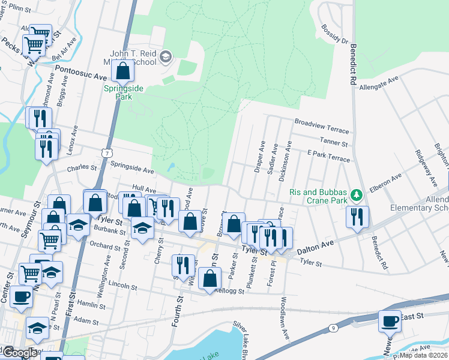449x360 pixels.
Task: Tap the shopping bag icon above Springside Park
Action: [x=123, y=70]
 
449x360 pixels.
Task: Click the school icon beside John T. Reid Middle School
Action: [x=166, y=58]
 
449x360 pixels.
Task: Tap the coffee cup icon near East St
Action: [x=390, y=321]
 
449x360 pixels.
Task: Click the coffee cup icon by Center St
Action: [x=22, y=296]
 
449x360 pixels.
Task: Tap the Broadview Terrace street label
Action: [x=321, y=121]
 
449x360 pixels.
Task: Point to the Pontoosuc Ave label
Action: [x=81, y=74]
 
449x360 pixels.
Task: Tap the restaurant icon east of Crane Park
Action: [x=358, y=217]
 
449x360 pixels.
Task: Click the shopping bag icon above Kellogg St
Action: [x=209, y=279]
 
